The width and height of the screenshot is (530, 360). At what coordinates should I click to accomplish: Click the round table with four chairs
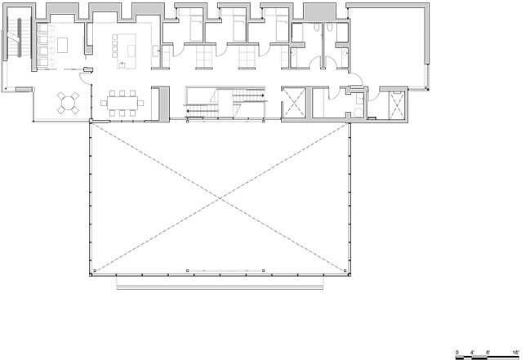pyautogui.click(x=68, y=103)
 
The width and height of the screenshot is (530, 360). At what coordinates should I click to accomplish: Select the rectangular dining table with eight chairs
pyautogui.click(x=122, y=103)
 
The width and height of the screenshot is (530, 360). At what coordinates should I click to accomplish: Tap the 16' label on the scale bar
pyautogui.click(x=515, y=353)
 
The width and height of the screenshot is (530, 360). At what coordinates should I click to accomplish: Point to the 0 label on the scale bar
pyautogui.click(x=457, y=353)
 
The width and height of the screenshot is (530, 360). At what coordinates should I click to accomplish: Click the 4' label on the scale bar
pyautogui.click(x=472, y=353)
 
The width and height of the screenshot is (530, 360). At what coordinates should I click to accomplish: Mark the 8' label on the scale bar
pyautogui.click(x=488, y=353)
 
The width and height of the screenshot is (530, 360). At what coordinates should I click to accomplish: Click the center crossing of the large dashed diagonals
pyautogui.click(x=220, y=198)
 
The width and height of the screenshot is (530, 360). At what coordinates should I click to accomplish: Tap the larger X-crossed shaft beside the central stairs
pyautogui.click(x=294, y=103)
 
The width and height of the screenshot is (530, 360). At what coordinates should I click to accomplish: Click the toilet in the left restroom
pyautogui.click(x=316, y=27)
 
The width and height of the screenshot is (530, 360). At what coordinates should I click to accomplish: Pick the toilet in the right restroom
pyautogui.click(x=329, y=27)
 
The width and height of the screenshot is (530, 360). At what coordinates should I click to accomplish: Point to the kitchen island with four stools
pyautogui.click(x=124, y=51)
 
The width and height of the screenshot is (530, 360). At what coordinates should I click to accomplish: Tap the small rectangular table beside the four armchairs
pyautogui.click(x=62, y=45)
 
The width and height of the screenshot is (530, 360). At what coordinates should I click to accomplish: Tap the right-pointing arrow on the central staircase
pyautogui.click(x=249, y=96)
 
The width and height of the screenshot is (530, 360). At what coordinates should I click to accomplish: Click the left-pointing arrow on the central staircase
pyautogui.click(x=201, y=110)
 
